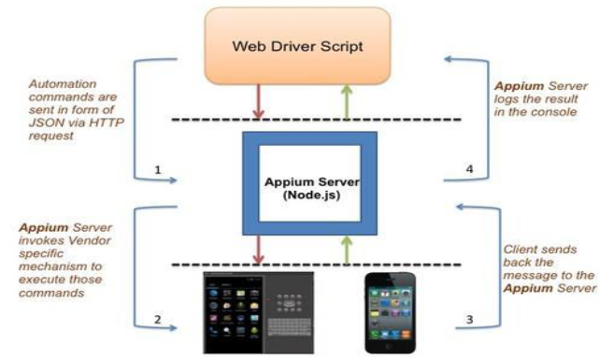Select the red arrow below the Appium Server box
(x=257, y=249)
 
